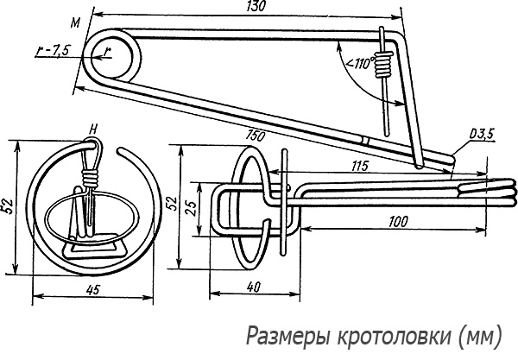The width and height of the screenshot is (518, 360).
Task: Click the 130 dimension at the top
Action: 256,7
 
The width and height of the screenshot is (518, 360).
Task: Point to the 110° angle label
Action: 358,63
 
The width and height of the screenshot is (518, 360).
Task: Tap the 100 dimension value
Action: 396,222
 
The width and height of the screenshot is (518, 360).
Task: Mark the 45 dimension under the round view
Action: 92,290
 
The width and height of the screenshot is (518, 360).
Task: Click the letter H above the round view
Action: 92,129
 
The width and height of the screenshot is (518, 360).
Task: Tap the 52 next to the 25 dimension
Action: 171,204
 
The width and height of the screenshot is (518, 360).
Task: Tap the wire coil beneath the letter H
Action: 90,179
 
